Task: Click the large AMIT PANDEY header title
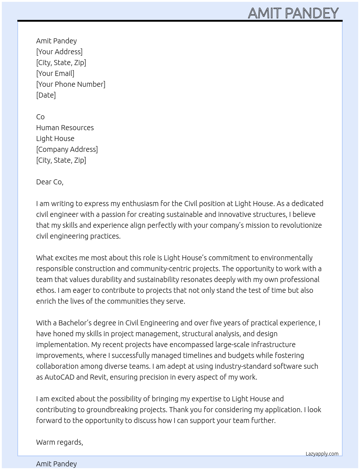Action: [x=293, y=13]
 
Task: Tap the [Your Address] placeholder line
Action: [x=59, y=52]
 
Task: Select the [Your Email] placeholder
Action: [x=55, y=73]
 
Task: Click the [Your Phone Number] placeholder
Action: [x=70, y=84]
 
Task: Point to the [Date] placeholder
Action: [x=46, y=95]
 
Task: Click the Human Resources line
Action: [x=65, y=128]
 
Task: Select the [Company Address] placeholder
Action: [x=67, y=149]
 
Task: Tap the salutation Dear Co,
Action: [x=50, y=182]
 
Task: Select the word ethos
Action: [x=46, y=290]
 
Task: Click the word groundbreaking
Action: [x=137, y=410]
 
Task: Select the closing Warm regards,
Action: [x=60, y=442]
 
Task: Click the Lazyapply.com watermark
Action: [x=322, y=454]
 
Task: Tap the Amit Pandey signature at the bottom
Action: [x=56, y=464]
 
